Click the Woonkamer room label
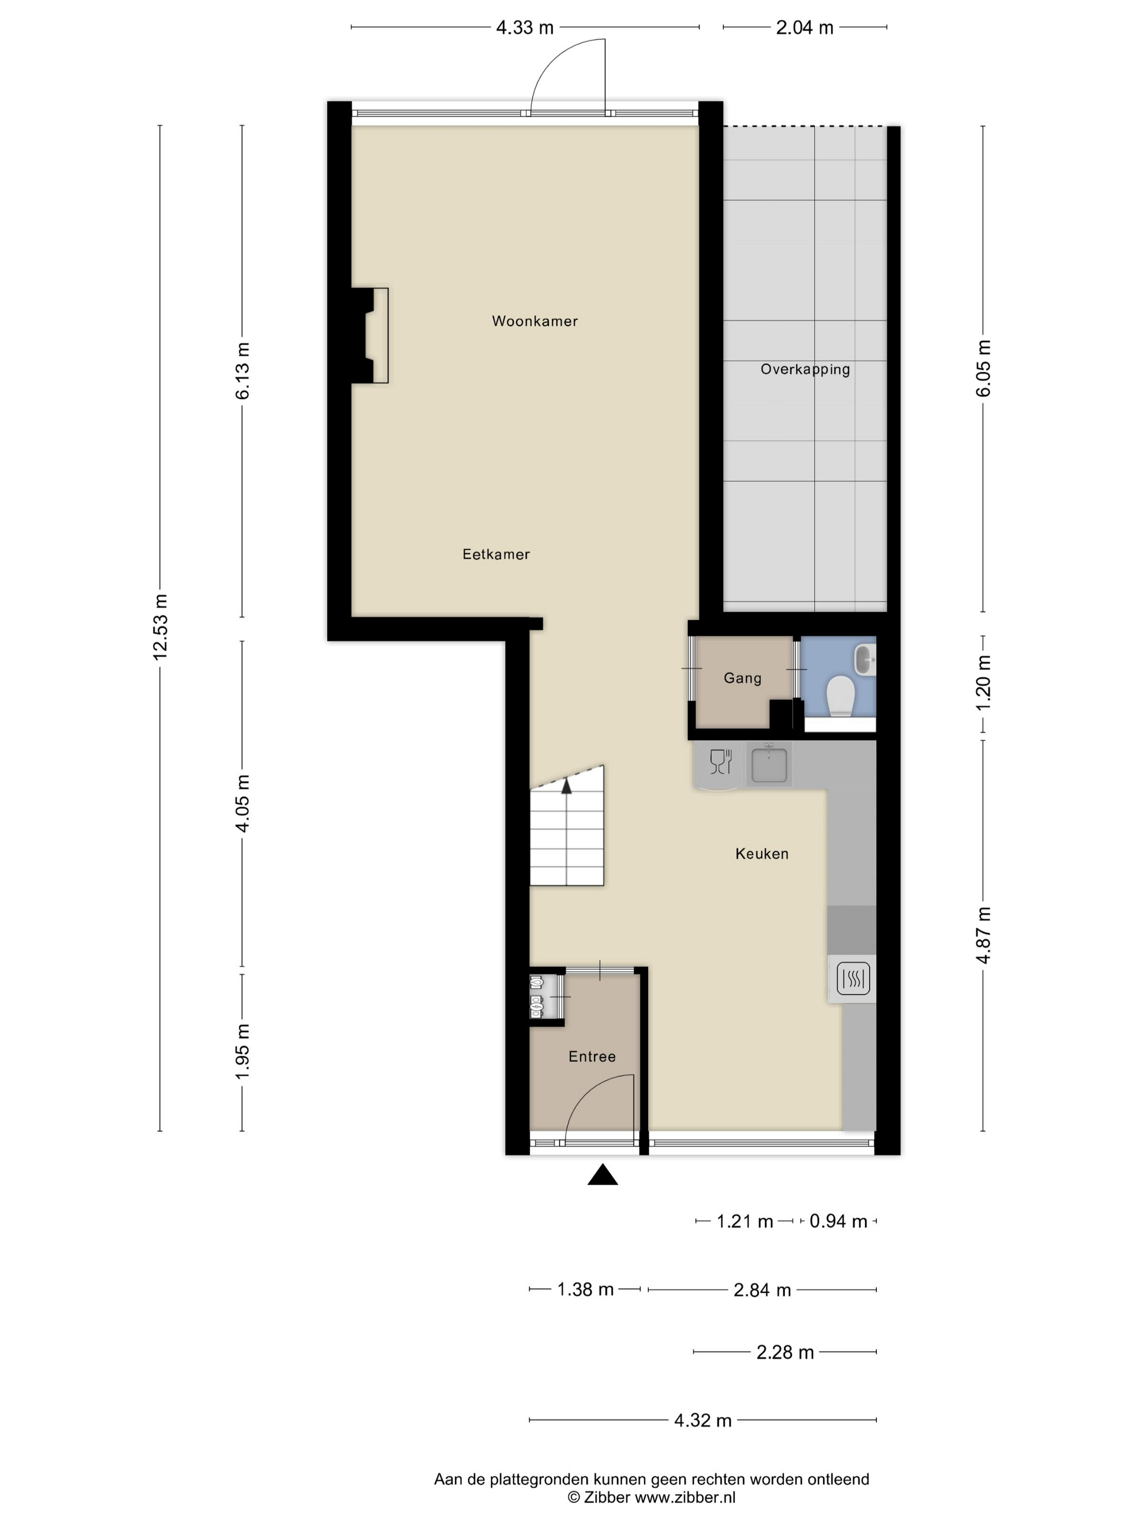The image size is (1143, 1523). [534, 321]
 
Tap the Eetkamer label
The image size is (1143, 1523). [495, 554]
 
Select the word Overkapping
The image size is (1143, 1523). [804, 369]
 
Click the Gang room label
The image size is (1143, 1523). [742, 678]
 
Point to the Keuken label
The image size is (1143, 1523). [761, 854]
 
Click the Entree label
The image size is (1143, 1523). [592, 1056]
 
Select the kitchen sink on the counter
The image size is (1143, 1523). [769, 764]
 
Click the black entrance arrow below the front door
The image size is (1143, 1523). [602, 1174]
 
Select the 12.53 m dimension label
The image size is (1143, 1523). [160, 627]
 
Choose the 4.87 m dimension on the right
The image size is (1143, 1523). [983, 934]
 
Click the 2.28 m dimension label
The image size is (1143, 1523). [785, 1352]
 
